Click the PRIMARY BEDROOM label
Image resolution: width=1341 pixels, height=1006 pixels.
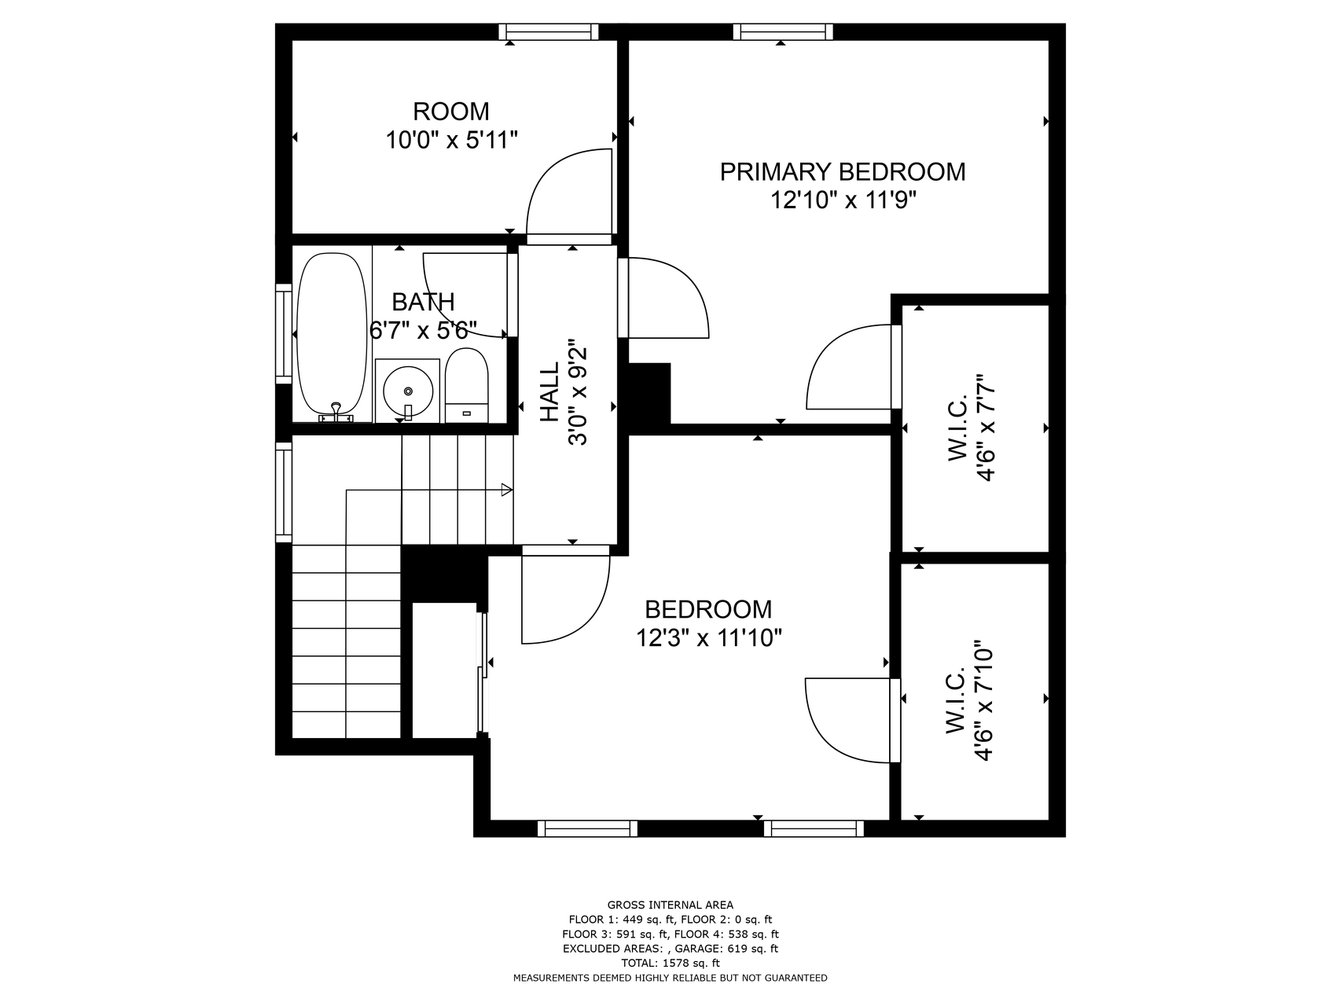843,171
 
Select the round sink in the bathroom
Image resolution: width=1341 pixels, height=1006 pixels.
407,391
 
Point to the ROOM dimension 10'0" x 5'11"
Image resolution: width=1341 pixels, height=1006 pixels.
451,141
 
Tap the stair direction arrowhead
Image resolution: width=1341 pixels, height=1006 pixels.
507,490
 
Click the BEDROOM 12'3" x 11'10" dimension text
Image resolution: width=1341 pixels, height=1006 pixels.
709,637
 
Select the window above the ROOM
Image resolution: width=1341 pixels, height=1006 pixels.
549,31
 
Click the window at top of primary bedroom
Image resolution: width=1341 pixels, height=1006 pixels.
783,31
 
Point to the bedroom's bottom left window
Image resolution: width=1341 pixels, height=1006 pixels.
587,828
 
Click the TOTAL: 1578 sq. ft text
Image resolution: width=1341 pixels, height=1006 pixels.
670,963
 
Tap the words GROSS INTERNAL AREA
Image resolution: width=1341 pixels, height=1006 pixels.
670,905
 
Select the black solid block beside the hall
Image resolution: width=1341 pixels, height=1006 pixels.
649,393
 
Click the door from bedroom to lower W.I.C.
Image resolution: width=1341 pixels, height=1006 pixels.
853,719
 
